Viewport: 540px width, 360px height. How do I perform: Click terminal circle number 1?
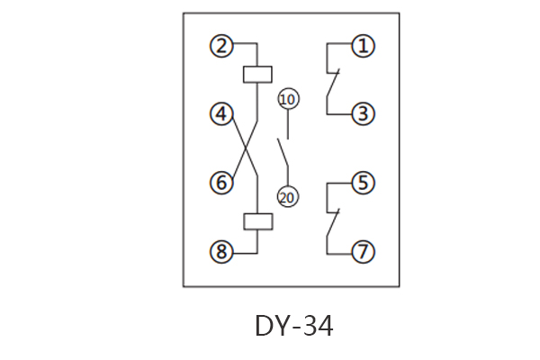coord(363,45)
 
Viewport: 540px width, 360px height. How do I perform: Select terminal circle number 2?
coord(221,45)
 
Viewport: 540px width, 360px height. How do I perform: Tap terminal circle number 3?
coord(363,114)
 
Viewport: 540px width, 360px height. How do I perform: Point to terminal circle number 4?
coord(221,114)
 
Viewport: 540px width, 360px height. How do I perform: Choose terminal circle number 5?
coord(363,184)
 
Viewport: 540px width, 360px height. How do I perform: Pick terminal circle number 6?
coord(221,184)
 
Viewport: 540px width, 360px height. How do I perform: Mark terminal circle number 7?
coord(363,252)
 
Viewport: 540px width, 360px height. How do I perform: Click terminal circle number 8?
coord(221,252)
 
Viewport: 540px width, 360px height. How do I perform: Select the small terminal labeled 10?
coord(287,98)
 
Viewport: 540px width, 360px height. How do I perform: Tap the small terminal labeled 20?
coord(287,197)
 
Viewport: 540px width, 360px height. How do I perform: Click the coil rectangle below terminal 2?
coord(257,74)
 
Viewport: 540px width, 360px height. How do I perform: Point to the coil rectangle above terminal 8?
coord(257,220)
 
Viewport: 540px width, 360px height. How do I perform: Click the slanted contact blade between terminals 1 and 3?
coord(332,93)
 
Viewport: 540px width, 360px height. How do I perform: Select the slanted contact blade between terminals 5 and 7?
coord(332,230)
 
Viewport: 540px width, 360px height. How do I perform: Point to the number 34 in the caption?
coord(317,326)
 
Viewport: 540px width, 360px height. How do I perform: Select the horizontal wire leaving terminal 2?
coord(245,45)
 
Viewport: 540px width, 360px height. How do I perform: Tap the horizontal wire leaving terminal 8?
coord(245,252)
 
